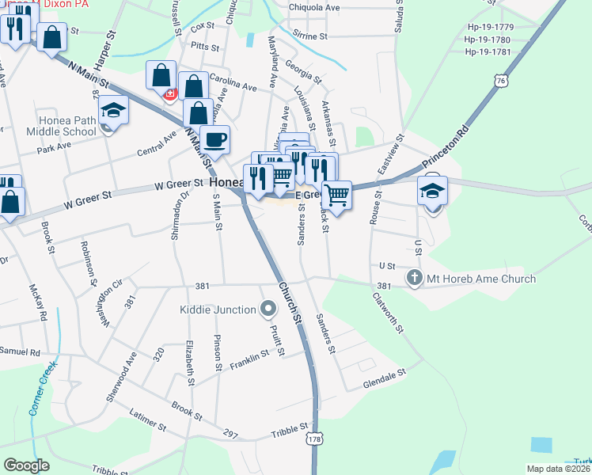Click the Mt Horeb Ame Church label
click(481, 279)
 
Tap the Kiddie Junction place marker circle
click(268, 308)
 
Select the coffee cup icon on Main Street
click(215, 141)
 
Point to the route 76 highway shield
click(499, 80)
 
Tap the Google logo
click(26, 465)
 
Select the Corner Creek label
click(44, 389)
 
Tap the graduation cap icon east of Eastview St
click(433, 191)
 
